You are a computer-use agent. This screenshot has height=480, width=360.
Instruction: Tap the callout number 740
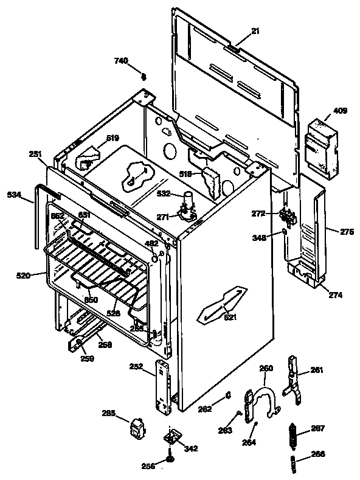pyautogui.click(x=122, y=60)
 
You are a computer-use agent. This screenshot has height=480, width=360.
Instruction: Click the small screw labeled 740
pyautogui.click(x=144, y=77)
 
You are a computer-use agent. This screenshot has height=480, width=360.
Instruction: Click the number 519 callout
pyautogui.click(x=112, y=138)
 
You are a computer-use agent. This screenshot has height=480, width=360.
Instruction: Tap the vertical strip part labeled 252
pyautogui.click(x=163, y=384)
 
